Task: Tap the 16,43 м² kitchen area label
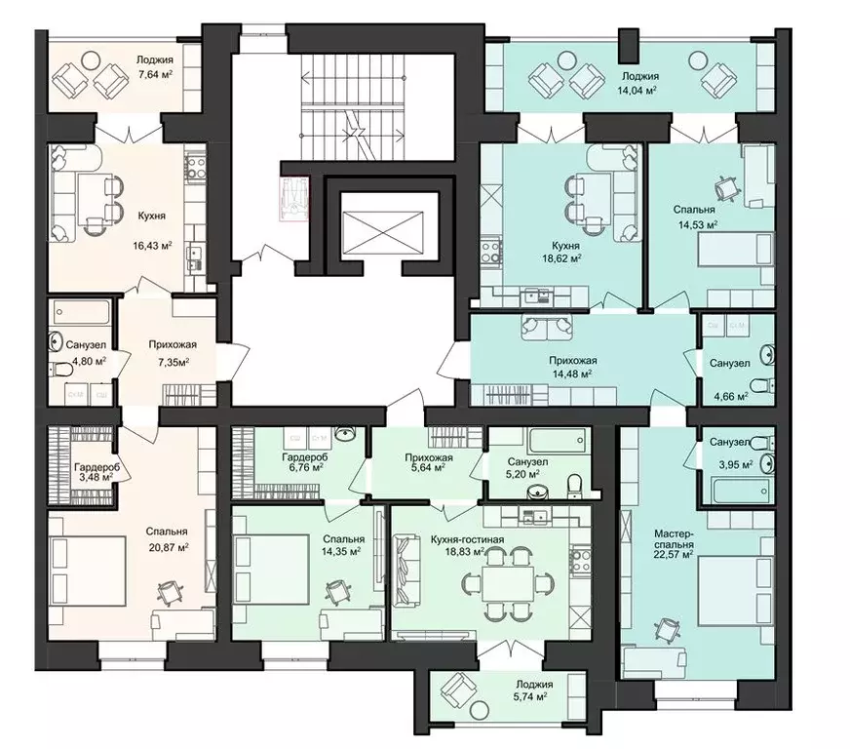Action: pyautogui.click(x=152, y=245)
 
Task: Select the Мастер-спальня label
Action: pyautogui.click(x=674, y=539)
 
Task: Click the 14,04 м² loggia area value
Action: pyautogui.click(x=637, y=90)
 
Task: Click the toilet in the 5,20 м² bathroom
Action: pyautogui.click(x=573, y=485)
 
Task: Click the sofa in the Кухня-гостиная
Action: pyautogui.click(x=406, y=571)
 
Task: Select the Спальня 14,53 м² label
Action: pyautogui.click(x=696, y=216)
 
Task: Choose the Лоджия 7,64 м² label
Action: pyautogui.click(x=155, y=67)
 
